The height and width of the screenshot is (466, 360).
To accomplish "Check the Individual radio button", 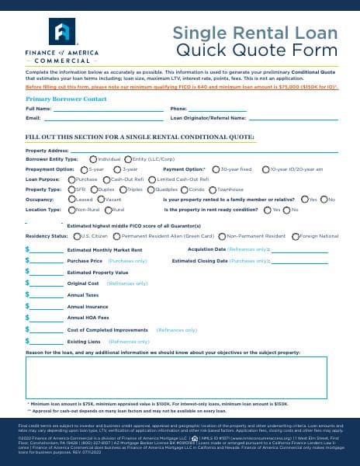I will (94, 158).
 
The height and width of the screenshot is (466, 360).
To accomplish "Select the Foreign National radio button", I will (296, 235).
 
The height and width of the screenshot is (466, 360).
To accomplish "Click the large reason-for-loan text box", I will (177, 377).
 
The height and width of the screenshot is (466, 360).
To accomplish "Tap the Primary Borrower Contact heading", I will (66, 99).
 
